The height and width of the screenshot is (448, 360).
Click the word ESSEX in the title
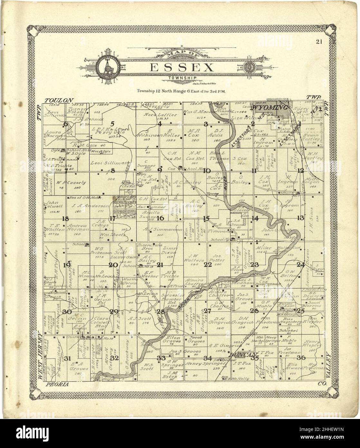182,68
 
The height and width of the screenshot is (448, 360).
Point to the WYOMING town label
270,107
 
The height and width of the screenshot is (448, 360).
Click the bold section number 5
112,123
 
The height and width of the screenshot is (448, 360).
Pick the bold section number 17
112,218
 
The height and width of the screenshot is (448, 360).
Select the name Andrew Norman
78,228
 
